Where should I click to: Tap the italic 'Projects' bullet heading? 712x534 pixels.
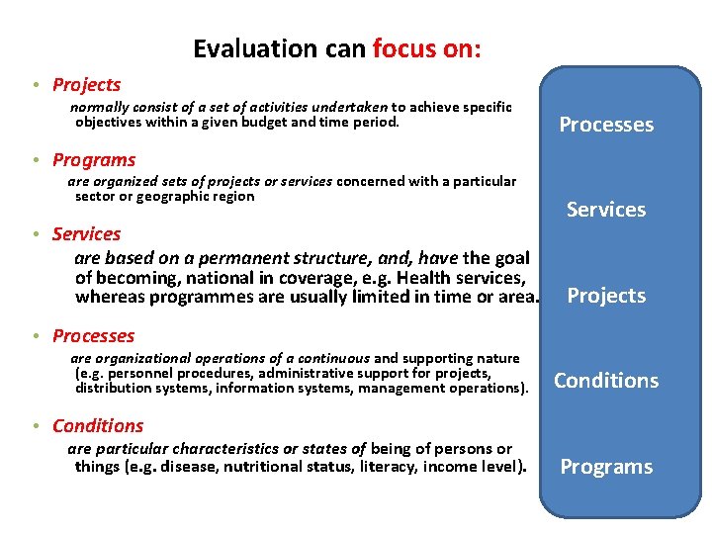(86, 85)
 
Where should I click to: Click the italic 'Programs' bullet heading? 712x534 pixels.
(94, 160)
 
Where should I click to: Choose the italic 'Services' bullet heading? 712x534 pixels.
(86, 234)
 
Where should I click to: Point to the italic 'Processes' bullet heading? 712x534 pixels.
(93, 336)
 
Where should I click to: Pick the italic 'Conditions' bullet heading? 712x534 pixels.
(98, 426)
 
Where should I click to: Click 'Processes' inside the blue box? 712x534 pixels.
(606, 125)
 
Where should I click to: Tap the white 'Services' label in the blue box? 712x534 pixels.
(606, 210)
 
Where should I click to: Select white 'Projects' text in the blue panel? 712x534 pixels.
(606, 296)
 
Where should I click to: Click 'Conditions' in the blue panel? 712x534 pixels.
(606, 381)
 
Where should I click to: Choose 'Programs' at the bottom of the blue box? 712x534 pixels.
(606, 467)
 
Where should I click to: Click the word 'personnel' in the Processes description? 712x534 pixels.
(139, 373)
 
